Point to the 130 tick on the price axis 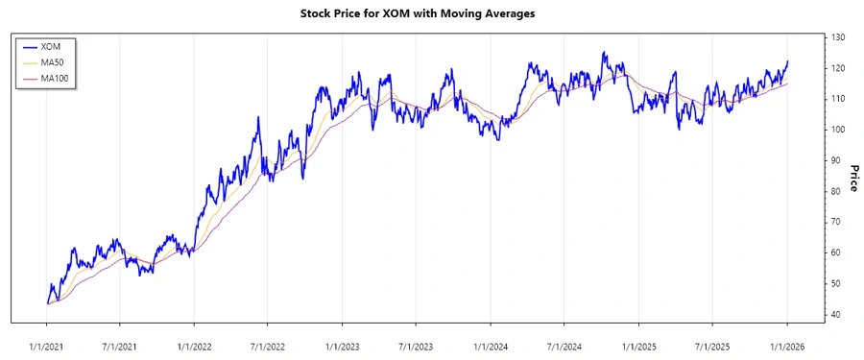[838, 37]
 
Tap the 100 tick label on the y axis [838, 130]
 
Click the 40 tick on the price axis [837, 315]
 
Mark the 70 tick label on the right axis [837, 222]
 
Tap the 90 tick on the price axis [837, 160]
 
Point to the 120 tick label [838, 68]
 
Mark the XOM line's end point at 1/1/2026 [787, 61]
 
